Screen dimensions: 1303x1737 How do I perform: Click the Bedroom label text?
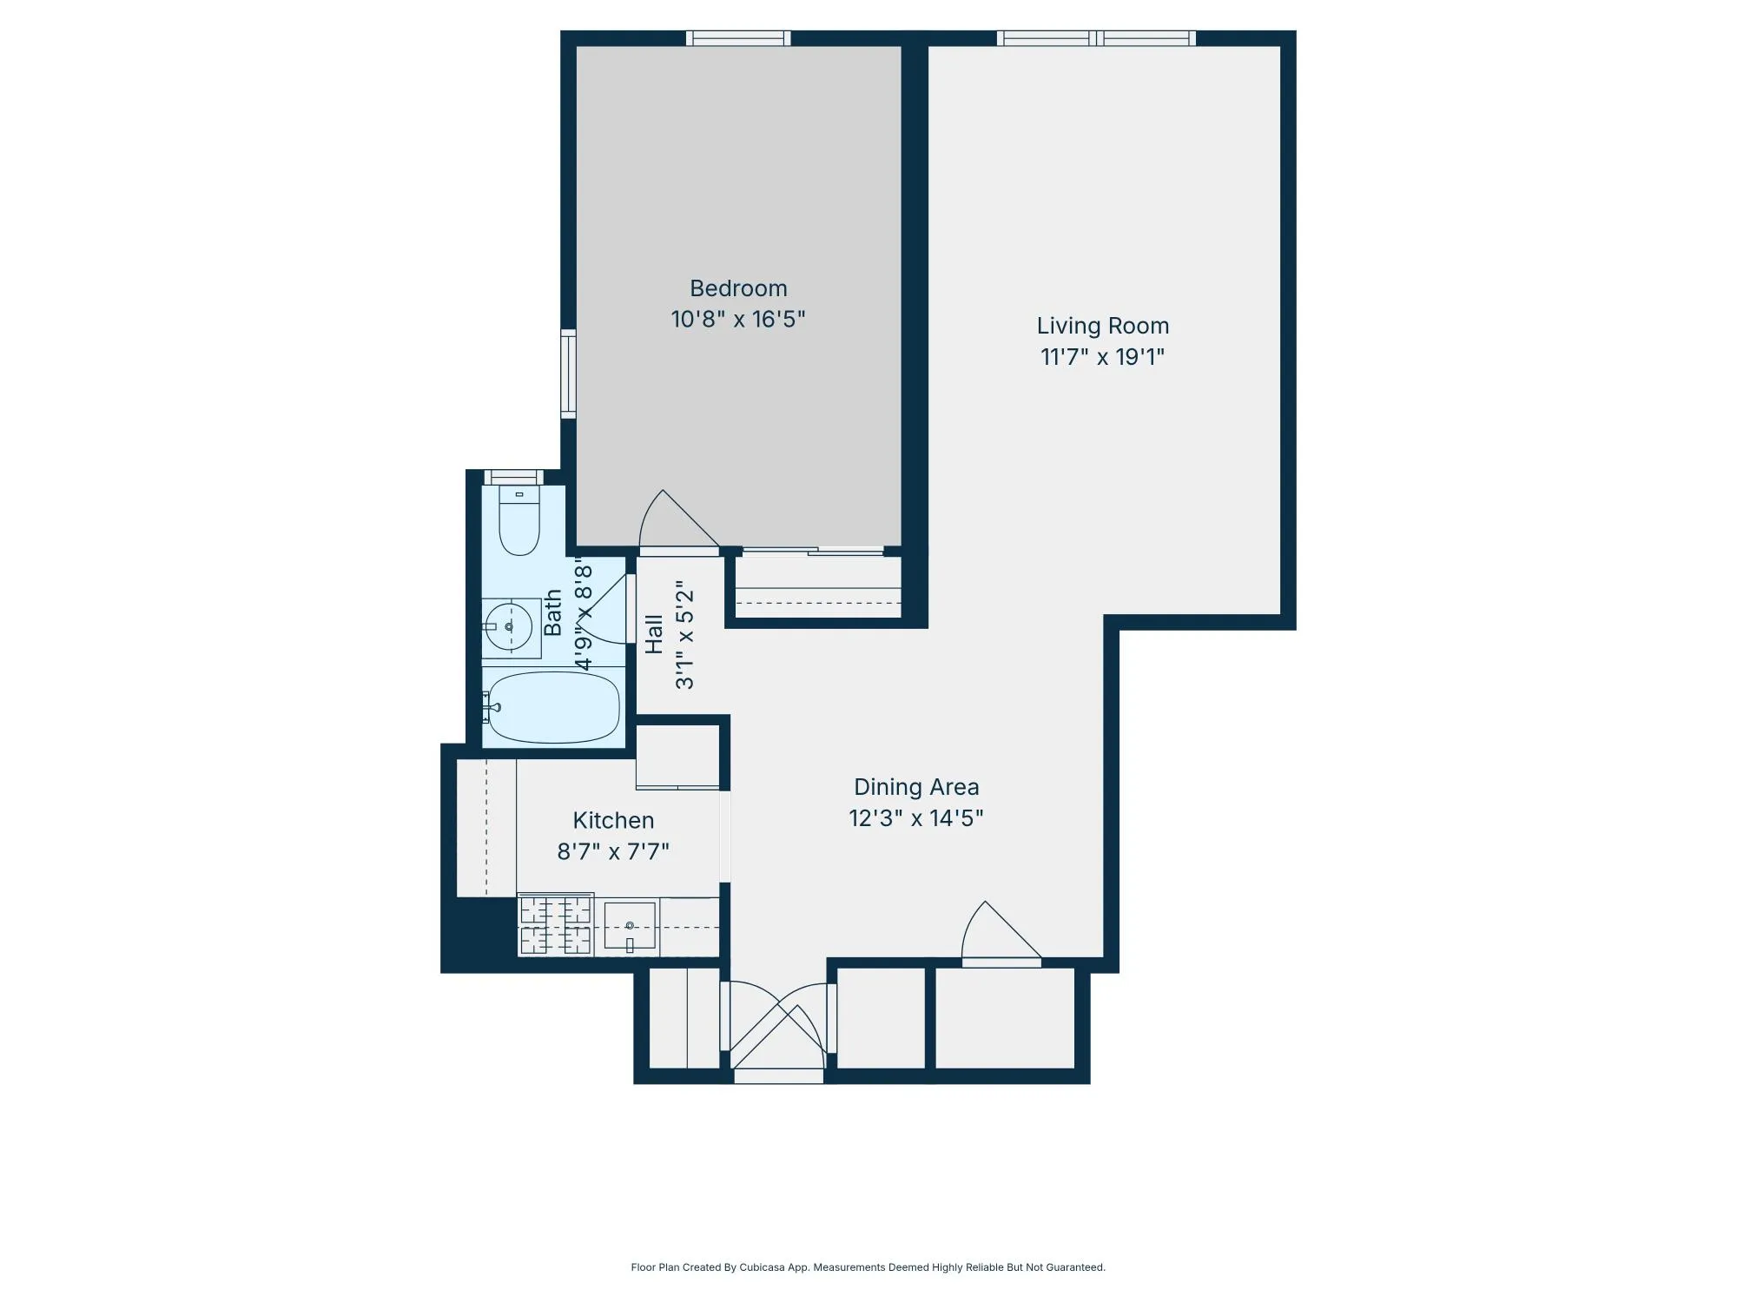(738, 288)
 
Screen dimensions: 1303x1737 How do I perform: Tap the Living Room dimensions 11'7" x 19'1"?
(1102, 357)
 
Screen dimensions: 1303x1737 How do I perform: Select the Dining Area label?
(916, 787)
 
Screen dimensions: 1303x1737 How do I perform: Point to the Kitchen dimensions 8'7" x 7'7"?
(613, 851)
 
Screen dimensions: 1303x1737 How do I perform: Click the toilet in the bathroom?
(519, 521)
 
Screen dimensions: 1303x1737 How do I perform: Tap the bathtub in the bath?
(553, 707)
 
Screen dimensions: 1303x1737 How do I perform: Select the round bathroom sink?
(509, 626)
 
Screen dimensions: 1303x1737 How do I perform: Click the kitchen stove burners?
(556, 925)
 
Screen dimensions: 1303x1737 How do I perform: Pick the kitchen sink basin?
(630, 926)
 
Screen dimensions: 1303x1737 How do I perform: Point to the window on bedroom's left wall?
(568, 374)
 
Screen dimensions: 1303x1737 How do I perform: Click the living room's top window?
(1096, 38)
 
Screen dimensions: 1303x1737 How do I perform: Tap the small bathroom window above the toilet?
(513, 477)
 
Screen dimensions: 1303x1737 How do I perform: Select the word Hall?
(654, 634)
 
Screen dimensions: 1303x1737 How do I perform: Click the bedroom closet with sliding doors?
(816, 587)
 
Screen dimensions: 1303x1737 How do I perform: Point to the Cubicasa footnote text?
(868, 1267)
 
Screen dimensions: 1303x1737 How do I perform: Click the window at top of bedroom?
(738, 38)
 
